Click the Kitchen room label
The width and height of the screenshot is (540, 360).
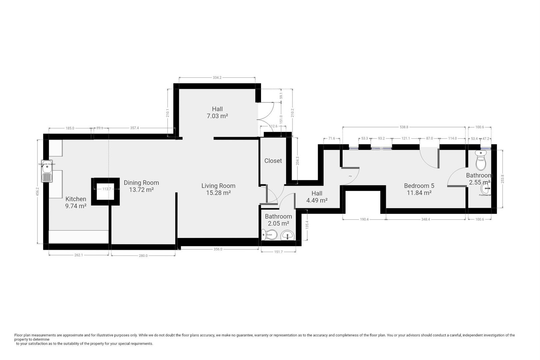point(76,199)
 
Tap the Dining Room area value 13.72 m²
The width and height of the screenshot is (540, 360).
point(141,190)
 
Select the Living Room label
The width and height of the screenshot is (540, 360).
point(218,186)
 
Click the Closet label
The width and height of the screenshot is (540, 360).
point(273,161)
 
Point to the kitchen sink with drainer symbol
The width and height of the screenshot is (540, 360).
point(47,173)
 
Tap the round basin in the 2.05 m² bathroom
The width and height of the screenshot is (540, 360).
point(287,235)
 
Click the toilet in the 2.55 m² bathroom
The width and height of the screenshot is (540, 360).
point(481,160)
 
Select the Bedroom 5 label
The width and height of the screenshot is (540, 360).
point(419,186)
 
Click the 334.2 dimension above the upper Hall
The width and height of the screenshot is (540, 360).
point(217,78)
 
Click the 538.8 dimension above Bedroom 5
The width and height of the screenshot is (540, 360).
point(404,127)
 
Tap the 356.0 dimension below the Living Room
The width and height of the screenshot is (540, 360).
point(218,249)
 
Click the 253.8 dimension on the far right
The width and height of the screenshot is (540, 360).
point(502,179)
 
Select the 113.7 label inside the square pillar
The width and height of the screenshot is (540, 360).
point(106,189)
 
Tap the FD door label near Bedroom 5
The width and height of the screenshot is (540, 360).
point(350,176)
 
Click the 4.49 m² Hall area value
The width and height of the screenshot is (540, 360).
point(317,200)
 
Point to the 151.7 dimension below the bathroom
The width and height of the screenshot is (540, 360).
point(278,252)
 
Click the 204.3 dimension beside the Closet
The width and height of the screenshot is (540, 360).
point(297,161)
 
